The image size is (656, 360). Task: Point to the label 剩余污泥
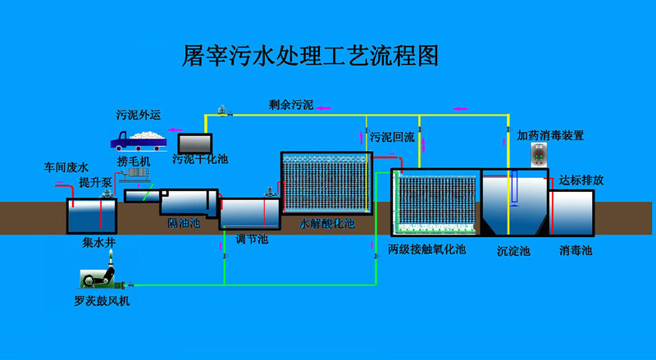[290, 104]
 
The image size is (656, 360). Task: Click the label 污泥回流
[392, 137]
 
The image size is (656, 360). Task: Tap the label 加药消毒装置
[550, 135]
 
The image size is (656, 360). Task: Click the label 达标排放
[581, 180]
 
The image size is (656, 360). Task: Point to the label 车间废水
[65, 167]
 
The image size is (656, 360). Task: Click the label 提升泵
[94, 181]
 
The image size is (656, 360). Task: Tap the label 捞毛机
[132, 161]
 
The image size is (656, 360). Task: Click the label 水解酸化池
[326, 222]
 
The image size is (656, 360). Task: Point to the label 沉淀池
[513, 250]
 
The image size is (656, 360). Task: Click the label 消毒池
[576, 249]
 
